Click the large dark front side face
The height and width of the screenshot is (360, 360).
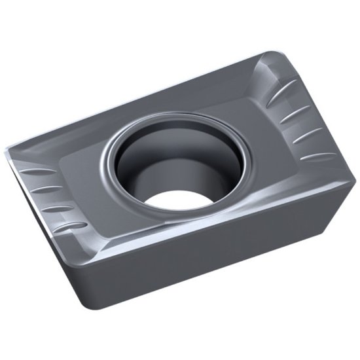coord(196,262)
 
